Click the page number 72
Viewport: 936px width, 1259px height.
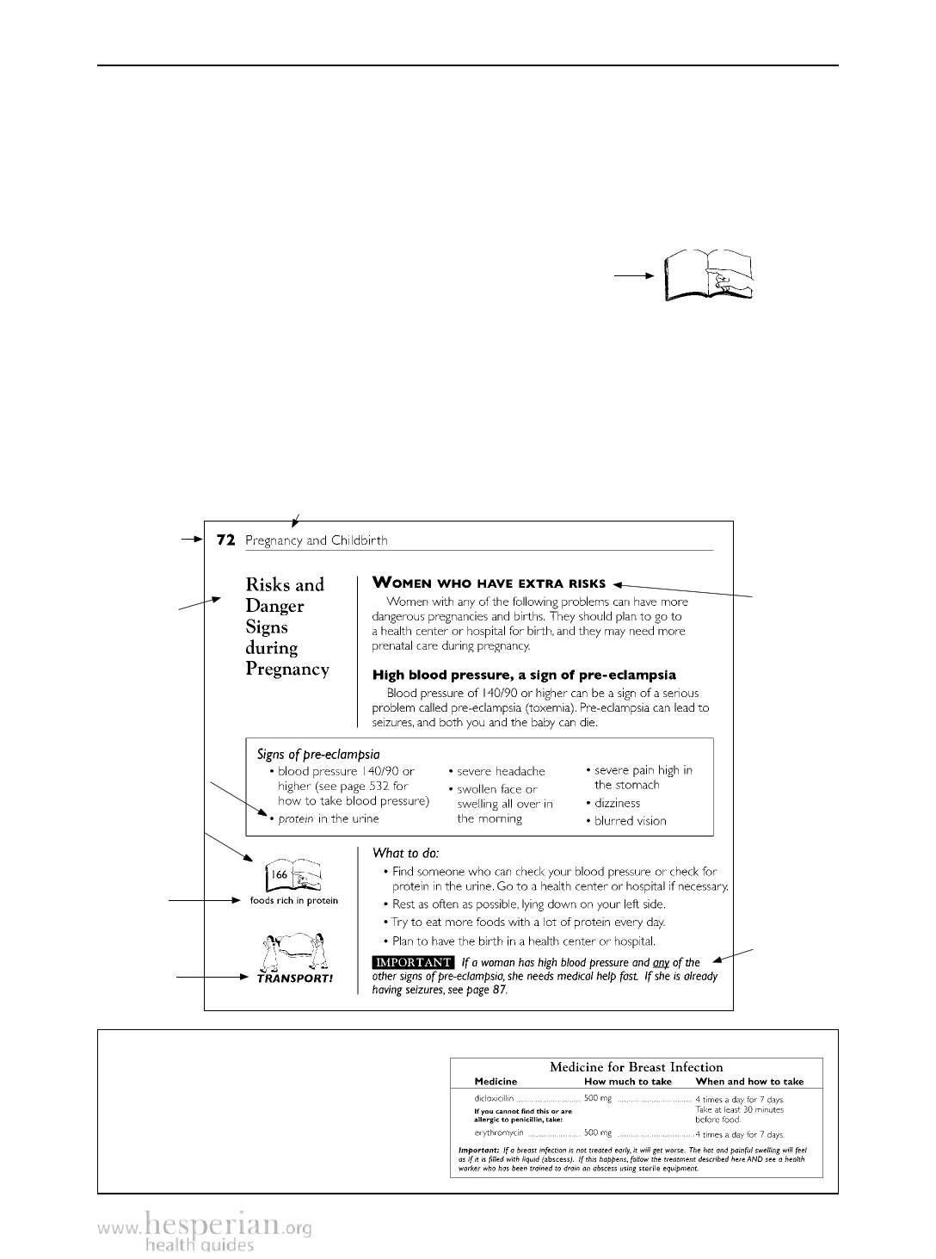(225, 540)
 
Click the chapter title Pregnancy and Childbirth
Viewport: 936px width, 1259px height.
(316, 540)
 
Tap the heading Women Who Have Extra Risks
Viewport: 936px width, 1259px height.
(489, 583)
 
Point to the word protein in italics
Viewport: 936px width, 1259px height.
(296, 818)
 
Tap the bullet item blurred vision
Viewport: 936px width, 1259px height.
(630, 820)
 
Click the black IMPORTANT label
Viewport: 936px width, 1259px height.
(413, 962)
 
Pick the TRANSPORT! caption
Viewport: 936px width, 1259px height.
(294, 978)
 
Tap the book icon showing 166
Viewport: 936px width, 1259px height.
(293, 874)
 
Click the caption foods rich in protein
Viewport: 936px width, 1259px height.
(293, 901)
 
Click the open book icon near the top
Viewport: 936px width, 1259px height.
(707, 275)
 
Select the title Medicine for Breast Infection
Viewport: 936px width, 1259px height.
(636, 1067)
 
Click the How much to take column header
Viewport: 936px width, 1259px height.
(627, 1082)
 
